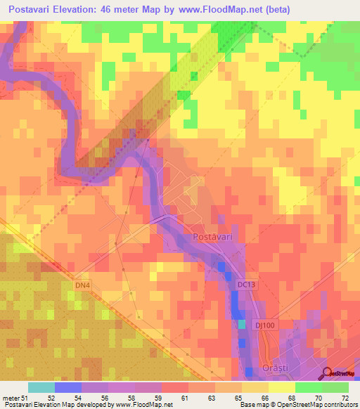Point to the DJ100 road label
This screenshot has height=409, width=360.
click(x=265, y=325)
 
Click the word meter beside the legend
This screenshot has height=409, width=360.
click(x=10, y=399)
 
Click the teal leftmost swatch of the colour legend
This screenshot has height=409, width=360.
click(x=41, y=387)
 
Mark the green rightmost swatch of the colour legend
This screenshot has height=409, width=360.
click(x=335, y=387)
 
